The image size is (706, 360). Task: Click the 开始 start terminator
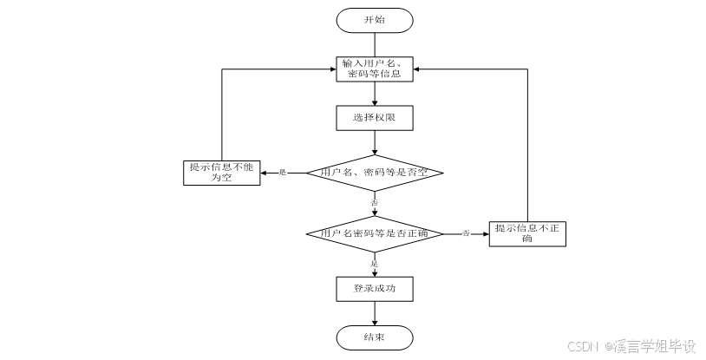(x=375, y=20)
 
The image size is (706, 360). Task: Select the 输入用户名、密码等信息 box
(x=375, y=69)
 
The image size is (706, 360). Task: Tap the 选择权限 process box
(x=375, y=117)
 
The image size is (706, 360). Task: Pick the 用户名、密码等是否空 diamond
(x=375, y=173)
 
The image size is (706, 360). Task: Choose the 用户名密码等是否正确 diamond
(x=375, y=233)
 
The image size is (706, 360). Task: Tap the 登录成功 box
(x=375, y=289)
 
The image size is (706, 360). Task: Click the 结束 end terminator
(x=375, y=337)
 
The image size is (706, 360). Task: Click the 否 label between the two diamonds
(x=375, y=202)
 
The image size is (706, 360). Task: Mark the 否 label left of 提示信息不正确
(x=466, y=233)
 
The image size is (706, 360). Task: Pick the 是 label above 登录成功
(x=375, y=263)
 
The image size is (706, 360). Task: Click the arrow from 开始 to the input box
(x=375, y=43)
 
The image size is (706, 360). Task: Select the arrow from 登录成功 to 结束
(x=375, y=313)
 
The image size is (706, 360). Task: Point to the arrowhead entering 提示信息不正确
(x=485, y=233)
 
